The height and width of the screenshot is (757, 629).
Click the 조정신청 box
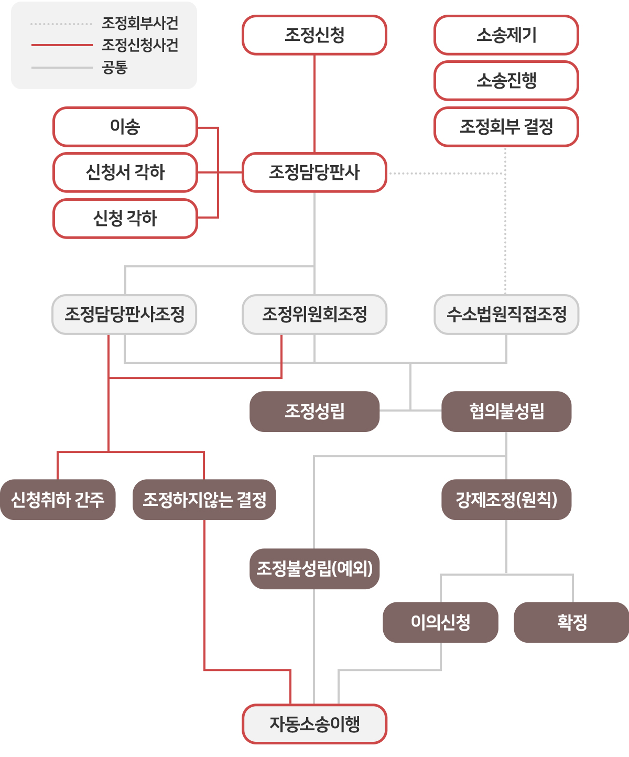tap(314, 35)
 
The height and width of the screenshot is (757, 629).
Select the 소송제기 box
tap(506, 35)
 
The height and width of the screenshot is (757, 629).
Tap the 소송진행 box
tap(506, 81)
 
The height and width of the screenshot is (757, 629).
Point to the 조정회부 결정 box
tap(506, 127)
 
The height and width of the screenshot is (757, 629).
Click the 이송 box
tap(125, 127)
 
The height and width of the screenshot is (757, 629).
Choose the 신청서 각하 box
tap(125, 172)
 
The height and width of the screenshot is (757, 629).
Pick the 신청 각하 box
tap(125, 219)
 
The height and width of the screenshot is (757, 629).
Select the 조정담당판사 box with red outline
tap(314, 172)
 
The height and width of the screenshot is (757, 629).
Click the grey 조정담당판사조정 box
tap(124, 315)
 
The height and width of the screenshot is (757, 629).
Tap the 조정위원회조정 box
tap(314, 315)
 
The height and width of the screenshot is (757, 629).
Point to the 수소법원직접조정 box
tap(506, 315)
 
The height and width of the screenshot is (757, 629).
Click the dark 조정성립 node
tap(314, 412)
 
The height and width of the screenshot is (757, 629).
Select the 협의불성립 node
tap(506, 412)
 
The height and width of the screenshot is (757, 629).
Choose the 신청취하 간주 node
tap(58, 500)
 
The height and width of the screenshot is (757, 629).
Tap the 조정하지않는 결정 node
tap(204, 500)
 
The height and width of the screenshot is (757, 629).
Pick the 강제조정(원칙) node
tap(506, 500)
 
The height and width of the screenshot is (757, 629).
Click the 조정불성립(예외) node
tap(314, 569)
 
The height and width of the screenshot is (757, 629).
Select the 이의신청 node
tap(440, 622)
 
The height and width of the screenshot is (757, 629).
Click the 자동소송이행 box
tap(314, 724)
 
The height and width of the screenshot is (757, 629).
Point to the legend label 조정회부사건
tap(140, 23)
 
